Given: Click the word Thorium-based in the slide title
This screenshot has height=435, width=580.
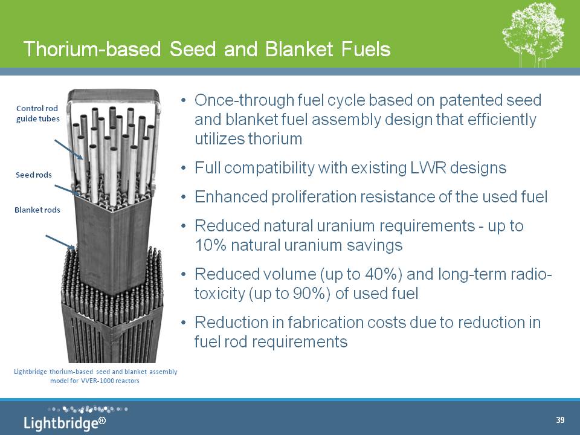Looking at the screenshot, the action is [92, 49].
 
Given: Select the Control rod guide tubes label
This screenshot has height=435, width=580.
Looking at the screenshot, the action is [37, 114].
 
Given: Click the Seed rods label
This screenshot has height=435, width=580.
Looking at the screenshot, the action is [34, 175].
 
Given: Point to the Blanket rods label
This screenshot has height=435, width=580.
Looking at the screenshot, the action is [37, 210].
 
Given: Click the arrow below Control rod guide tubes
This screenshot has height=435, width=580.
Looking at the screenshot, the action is [69, 149].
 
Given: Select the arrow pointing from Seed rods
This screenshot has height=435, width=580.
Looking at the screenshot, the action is [67, 190].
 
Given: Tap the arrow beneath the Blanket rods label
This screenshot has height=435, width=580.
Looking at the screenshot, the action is [60, 242].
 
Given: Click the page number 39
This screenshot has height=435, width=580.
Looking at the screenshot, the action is [560, 420].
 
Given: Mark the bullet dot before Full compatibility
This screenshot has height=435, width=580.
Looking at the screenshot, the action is [184, 169].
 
